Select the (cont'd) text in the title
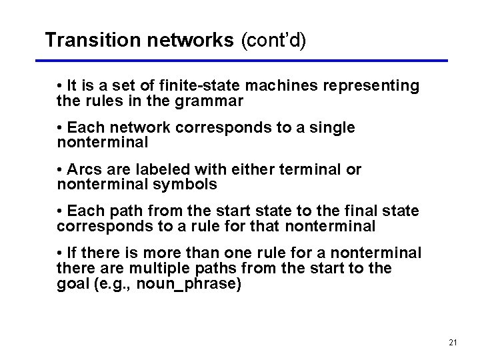tap(273, 40)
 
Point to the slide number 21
tap(453, 342)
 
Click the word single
tap(333, 128)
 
